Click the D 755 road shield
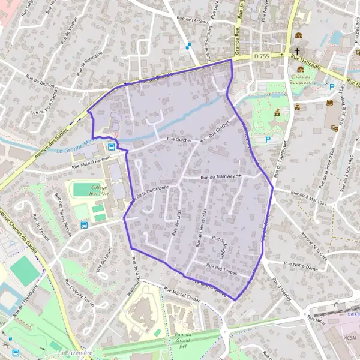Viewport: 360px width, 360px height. [261, 56]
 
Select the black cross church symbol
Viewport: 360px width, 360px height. [296, 52]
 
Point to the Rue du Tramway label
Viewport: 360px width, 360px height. [218, 177]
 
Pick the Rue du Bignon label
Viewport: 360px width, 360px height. [40, 77]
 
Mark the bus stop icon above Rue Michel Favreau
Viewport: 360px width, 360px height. [112, 146]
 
